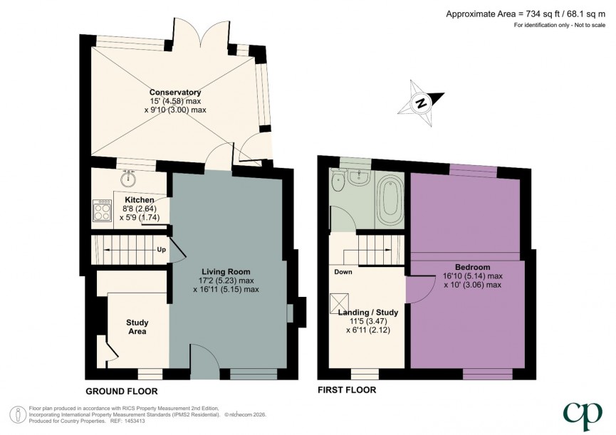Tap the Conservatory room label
point(174,93)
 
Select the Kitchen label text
point(140,200)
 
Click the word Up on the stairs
point(162,250)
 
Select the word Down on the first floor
point(343,271)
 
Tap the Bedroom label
point(472,267)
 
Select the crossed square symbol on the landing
point(338,304)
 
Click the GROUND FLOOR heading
point(122,391)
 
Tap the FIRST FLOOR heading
point(347,390)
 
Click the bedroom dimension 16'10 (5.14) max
point(472,276)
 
